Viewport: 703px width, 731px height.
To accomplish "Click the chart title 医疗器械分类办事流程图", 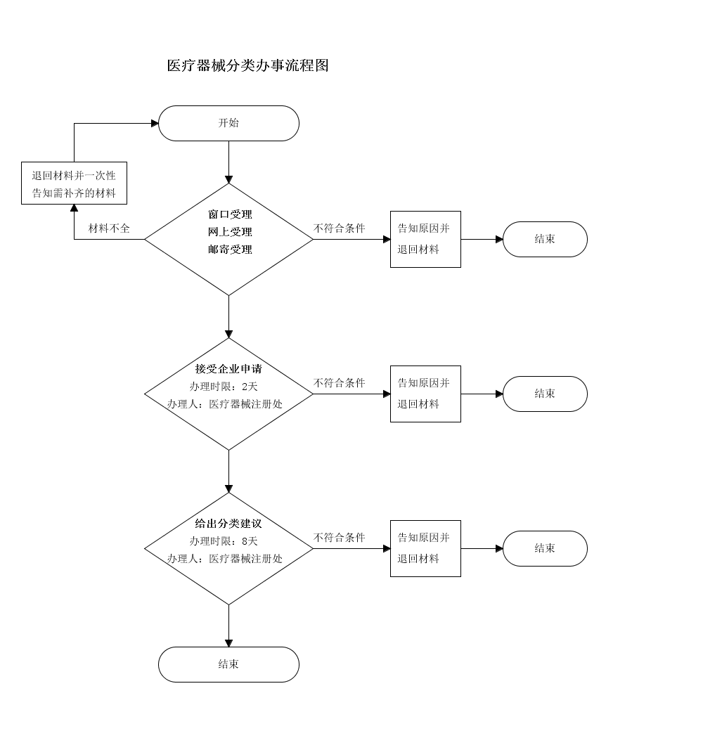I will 247,66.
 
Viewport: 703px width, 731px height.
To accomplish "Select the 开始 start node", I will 228,123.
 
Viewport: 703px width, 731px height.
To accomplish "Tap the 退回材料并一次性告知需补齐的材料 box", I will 74,184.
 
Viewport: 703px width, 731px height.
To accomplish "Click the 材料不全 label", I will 109,228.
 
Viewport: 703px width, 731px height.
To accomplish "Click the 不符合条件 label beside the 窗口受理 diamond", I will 340,228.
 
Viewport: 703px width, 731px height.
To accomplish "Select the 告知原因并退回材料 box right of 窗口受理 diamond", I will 425,239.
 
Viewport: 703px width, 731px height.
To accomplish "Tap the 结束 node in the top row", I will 545,239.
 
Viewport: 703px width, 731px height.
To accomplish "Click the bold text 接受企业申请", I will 228,369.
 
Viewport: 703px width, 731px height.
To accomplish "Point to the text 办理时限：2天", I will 224,387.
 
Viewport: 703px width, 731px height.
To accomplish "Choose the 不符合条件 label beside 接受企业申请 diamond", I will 340,383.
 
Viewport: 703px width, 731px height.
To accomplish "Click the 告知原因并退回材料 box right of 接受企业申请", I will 425,394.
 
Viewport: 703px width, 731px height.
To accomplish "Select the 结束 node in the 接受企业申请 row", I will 545,394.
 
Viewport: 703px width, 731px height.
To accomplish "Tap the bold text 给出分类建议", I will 228,524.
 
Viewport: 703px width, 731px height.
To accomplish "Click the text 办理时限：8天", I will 224,541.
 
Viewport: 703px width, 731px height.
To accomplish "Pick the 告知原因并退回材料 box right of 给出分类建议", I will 425,548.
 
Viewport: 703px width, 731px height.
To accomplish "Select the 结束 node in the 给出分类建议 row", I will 545,548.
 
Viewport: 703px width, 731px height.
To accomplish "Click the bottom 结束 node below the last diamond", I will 228,664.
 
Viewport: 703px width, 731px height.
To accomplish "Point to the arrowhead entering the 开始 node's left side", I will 155,123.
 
